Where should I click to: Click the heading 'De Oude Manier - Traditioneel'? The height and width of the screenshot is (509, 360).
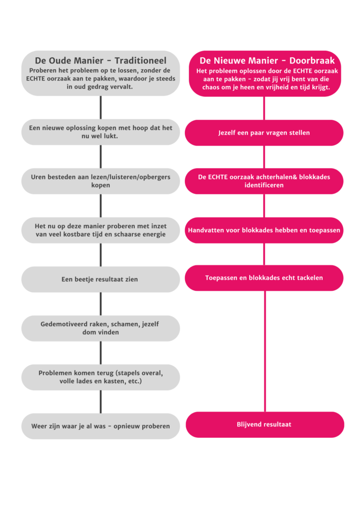click(100, 61)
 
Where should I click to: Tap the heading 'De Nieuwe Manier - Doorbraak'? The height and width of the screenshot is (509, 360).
click(267, 61)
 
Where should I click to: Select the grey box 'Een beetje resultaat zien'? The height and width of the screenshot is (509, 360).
click(100, 279)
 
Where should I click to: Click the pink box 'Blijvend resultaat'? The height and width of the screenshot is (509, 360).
click(265, 424)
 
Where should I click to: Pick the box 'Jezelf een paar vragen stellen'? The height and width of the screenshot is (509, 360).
click(264, 133)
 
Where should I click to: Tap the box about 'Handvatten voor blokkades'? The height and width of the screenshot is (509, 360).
click(264, 230)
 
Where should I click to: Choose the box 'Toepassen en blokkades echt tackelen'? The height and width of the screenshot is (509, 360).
click(264, 278)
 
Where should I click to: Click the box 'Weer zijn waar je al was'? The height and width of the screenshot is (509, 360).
click(100, 426)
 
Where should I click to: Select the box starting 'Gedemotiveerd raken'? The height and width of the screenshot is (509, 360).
click(100, 328)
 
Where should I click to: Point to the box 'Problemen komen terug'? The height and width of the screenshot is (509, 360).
click(100, 377)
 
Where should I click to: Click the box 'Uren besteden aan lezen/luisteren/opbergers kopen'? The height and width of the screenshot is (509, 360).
click(100, 181)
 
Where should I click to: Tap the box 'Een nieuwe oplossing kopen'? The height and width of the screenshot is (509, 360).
click(100, 132)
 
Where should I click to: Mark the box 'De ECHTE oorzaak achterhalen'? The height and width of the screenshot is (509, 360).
click(264, 181)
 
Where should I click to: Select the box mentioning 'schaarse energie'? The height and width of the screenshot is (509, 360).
click(100, 230)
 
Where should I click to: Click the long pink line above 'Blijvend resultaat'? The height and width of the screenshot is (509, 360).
click(265, 351)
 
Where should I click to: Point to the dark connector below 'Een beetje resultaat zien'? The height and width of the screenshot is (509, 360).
click(100, 304)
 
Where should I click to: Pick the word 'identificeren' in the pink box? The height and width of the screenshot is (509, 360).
click(264, 185)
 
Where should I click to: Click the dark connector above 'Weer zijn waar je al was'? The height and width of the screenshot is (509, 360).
click(100, 402)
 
